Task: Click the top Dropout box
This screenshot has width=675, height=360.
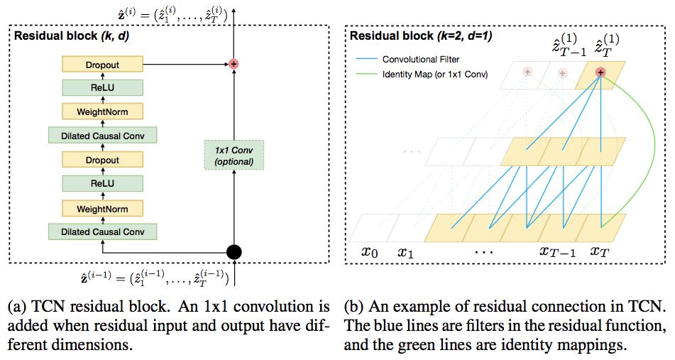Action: point(102,65)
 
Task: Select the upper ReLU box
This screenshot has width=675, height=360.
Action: point(102,87)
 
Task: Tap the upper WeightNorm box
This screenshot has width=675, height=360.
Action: point(102,111)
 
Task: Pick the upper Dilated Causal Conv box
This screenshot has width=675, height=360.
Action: point(102,135)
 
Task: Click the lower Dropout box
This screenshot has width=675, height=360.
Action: point(102,160)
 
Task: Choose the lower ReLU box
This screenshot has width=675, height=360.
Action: point(102,184)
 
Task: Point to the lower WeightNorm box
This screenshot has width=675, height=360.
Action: point(102,208)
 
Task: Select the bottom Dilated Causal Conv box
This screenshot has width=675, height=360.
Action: point(102,231)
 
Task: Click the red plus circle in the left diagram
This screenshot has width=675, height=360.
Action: point(234,64)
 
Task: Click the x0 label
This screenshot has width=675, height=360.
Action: point(370,252)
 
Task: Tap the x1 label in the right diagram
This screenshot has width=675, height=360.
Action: point(406,252)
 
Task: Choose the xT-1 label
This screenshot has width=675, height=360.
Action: point(554,252)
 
